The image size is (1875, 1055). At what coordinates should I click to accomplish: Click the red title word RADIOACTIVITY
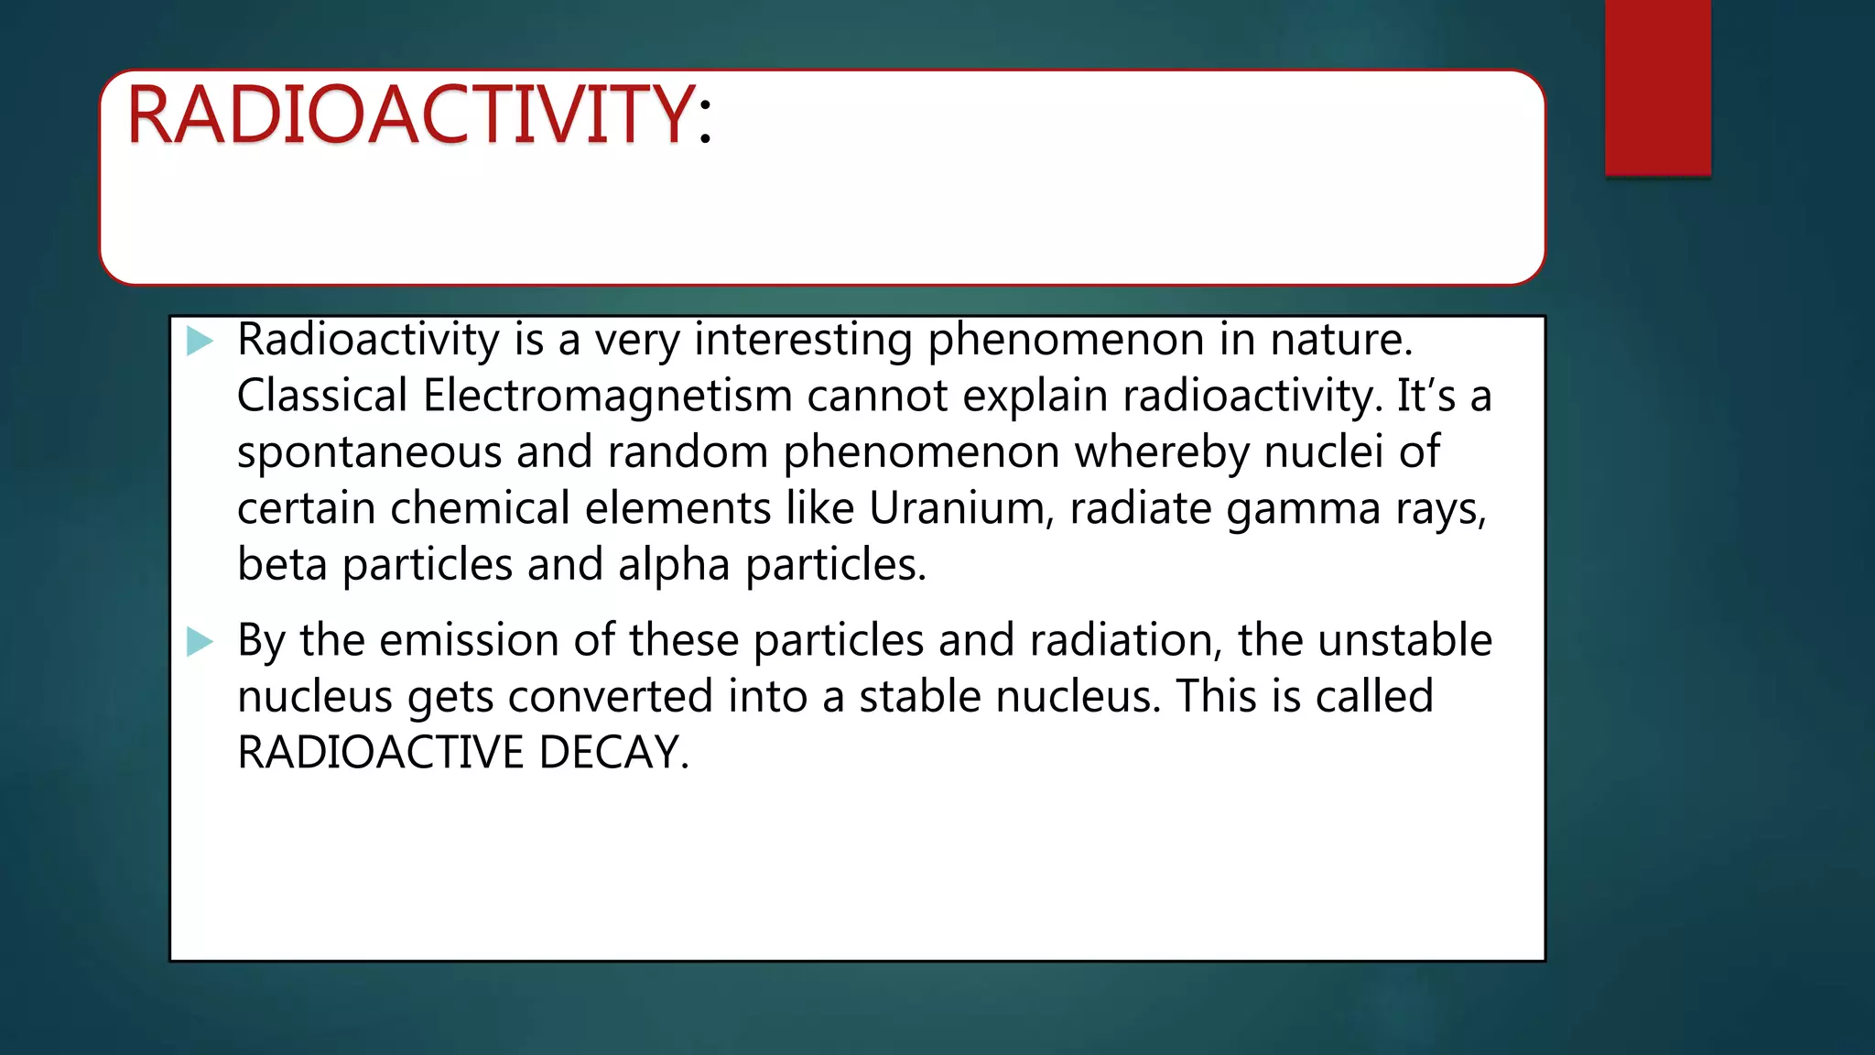coord(409,114)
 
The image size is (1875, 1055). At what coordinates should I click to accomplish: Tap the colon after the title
coord(704,122)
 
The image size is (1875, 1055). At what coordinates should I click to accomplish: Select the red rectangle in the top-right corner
coord(1657,87)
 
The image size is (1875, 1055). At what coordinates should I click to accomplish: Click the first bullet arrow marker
coord(200,342)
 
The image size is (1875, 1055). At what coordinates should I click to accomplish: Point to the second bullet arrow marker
coord(200,641)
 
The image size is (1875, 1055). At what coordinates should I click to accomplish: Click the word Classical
coord(322,397)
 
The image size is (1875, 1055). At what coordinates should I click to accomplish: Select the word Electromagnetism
coord(607,397)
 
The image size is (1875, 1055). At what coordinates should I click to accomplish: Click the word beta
coord(282,564)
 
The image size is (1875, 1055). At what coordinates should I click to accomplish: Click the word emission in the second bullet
coord(469,640)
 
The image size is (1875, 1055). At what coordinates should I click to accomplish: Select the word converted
coord(610,696)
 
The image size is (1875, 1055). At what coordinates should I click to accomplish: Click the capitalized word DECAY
coord(613,753)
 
